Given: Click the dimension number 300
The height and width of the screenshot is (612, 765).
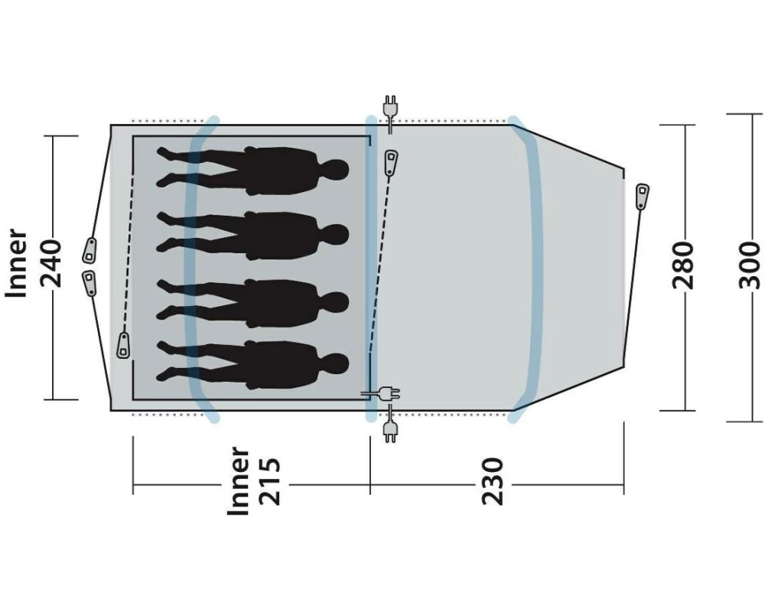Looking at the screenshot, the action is coord(750,265).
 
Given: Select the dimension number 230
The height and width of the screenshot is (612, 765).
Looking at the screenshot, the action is coord(492,481).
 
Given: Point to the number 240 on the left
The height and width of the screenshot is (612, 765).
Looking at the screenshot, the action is coord(50,263).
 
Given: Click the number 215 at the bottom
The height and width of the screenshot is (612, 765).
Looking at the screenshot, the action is coord(270,481).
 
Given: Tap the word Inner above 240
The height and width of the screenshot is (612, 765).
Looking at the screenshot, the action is coord(16,263).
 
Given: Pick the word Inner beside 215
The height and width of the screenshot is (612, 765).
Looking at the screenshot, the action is coord(239,481).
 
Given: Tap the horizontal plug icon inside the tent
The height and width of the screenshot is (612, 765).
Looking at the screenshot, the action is coord(381,393).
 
